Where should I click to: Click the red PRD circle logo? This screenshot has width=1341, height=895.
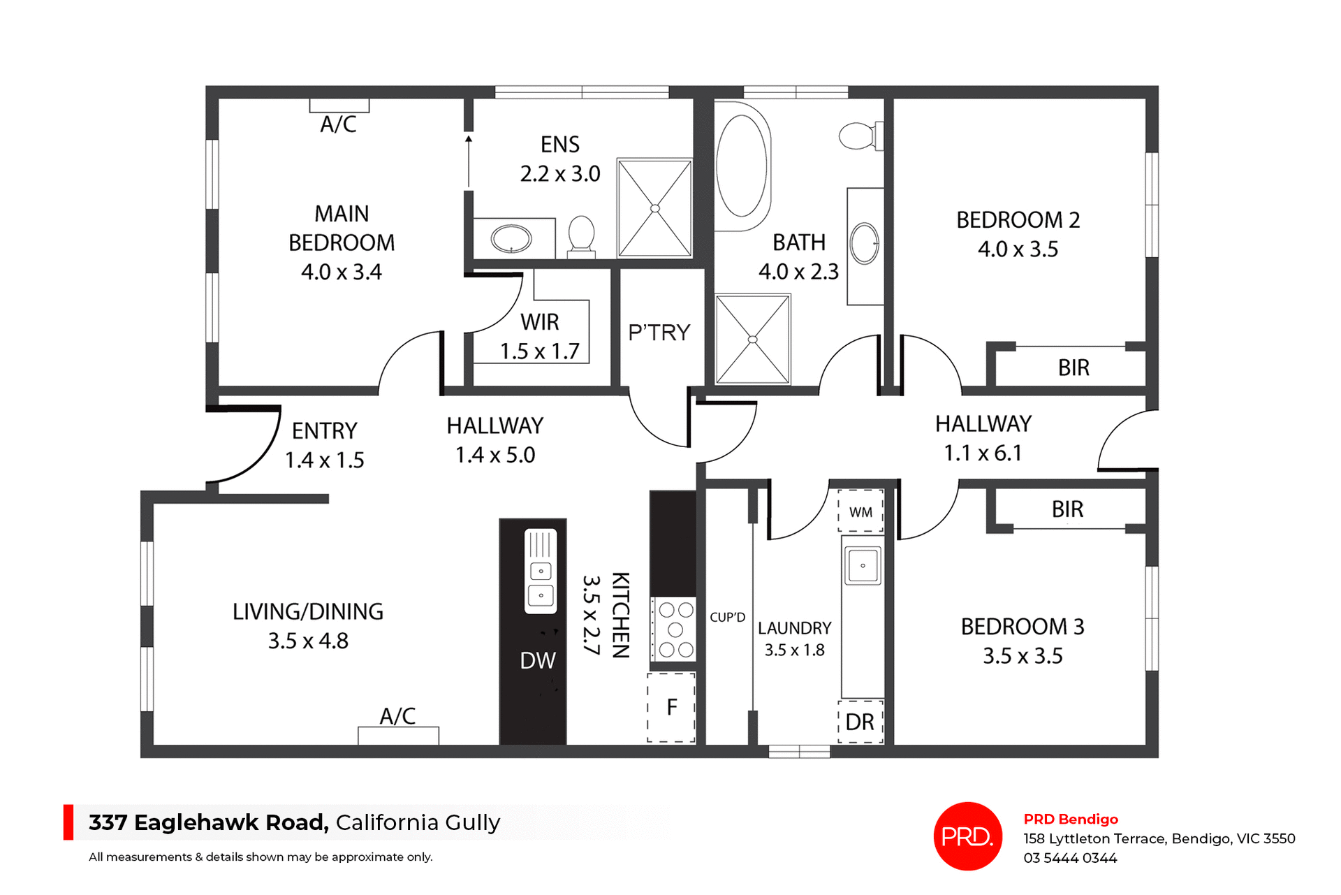tap(967, 836)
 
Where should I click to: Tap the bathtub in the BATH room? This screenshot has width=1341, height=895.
tap(742, 166)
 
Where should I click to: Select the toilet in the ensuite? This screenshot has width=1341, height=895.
tap(581, 235)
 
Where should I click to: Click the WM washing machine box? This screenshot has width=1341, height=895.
tap(860, 511)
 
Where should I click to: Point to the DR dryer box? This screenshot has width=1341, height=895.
tap(860, 722)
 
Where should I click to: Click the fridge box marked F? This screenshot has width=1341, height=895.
tap(671, 707)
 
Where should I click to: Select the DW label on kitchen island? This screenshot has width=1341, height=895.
tap(537, 660)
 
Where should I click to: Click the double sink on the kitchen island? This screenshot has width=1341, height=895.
tap(541, 572)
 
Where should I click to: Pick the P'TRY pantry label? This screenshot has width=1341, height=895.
tap(659, 333)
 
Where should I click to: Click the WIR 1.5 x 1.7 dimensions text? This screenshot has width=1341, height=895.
tap(539, 351)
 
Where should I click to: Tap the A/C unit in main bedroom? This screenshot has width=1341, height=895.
tap(339, 106)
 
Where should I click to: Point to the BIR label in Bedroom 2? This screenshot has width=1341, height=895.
tap(1073, 368)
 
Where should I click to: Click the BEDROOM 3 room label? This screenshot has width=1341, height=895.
tap(1022, 627)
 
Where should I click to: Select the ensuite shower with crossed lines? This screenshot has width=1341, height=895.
tap(654, 208)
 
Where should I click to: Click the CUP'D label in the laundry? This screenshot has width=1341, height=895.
tap(727, 618)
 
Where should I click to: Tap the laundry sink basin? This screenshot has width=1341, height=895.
tap(863, 565)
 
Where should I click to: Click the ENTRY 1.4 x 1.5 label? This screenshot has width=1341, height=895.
tap(325, 445)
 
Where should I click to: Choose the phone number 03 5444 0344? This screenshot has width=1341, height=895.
tap(1070, 858)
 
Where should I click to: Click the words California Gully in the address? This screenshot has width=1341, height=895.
tap(418, 822)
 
